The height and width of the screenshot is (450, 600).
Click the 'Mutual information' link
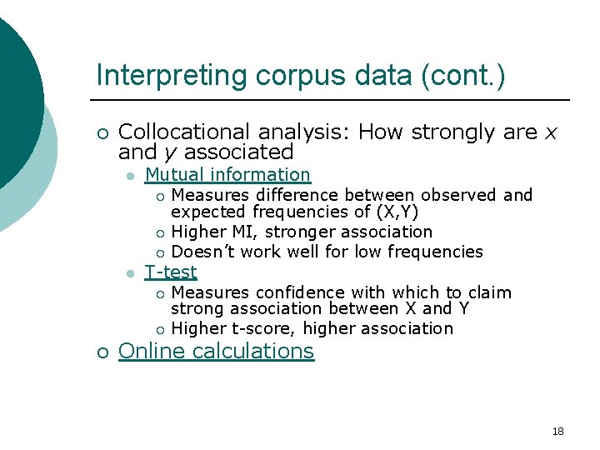[227, 175]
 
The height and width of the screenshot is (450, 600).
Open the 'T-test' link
[171, 272]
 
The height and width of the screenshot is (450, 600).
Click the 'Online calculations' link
[216, 351]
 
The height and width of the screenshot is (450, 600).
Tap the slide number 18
[557, 431]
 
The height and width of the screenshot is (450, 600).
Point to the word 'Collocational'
[184, 132]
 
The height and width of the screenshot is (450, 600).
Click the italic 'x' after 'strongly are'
[551, 132]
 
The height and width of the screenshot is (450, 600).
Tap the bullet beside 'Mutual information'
[129, 176]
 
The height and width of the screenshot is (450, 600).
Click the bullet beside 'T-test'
[129, 273]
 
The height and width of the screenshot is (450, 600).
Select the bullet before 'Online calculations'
[102, 352]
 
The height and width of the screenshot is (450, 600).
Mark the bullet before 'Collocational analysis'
[102, 133]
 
